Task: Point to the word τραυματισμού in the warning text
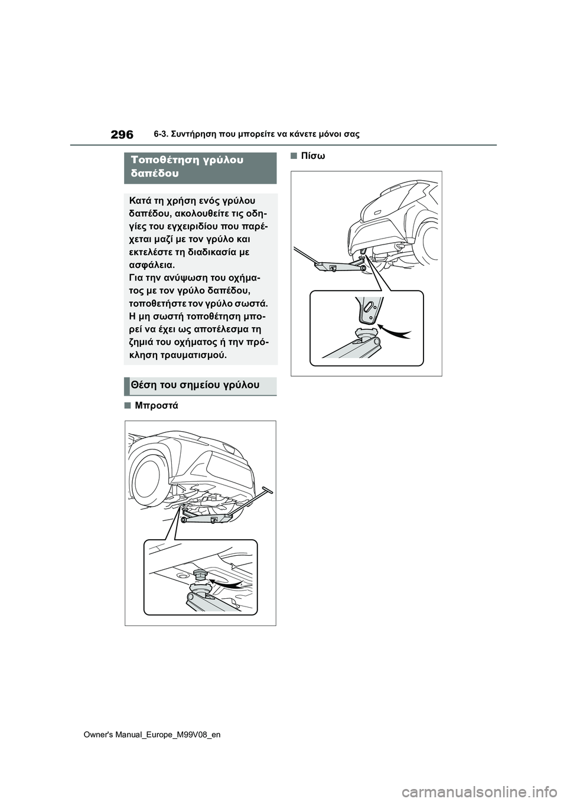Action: pyautogui.click(x=196, y=356)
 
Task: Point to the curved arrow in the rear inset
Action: pyautogui.click(x=395, y=331)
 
